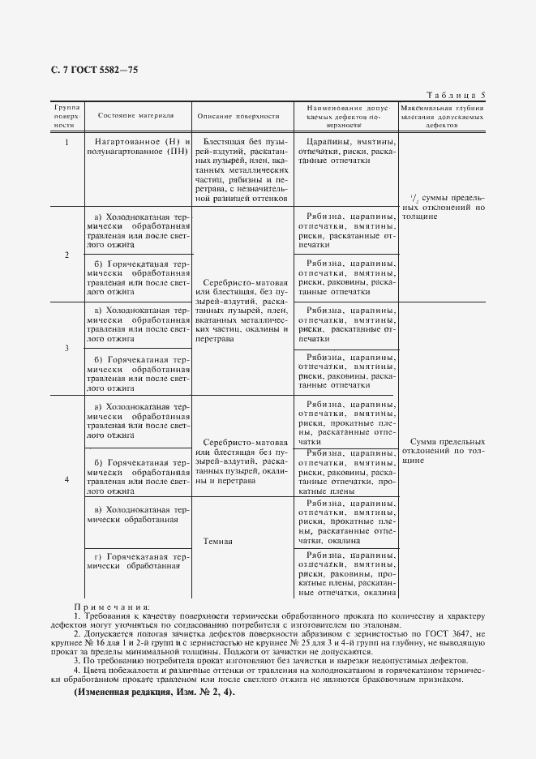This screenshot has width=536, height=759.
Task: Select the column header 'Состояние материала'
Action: (x=135, y=116)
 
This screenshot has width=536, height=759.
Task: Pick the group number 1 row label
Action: (x=66, y=142)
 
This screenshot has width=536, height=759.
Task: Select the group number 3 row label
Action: (x=66, y=348)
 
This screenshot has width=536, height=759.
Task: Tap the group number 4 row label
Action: (x=66, y=479)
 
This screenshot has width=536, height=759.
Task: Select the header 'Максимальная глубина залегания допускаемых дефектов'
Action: (x=443, y=116)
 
